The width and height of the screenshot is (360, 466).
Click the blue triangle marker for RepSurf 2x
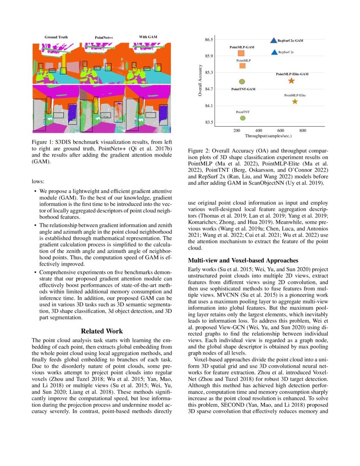[274, 52]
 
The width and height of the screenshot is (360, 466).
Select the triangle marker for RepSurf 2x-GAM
[274, 40]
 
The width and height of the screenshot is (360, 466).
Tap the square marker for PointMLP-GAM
[241, 53]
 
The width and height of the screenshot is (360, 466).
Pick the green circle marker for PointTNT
[243, 118]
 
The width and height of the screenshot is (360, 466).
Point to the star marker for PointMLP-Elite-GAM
[291, 81]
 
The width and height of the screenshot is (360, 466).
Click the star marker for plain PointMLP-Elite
[295, 101]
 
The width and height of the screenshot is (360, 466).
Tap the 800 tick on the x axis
[303, 131]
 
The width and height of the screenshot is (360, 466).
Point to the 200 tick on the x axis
[237, 131]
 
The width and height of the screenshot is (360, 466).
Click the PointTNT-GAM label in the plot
[243, 89]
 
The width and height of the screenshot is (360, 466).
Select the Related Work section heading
[102, 331]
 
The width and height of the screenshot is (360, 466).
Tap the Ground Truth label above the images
[56, 37]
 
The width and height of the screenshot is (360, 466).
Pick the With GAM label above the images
[148, 37]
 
